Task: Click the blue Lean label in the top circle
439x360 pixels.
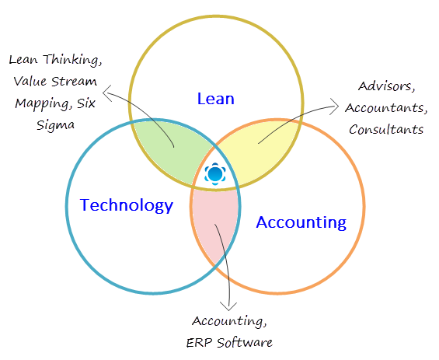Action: click(216, 99)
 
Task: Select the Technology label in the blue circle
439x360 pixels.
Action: click(127, 206)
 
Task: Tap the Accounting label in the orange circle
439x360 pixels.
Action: click(301, 223)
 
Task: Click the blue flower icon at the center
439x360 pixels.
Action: click(214, 174)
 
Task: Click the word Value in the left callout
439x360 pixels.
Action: click(29, 81)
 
